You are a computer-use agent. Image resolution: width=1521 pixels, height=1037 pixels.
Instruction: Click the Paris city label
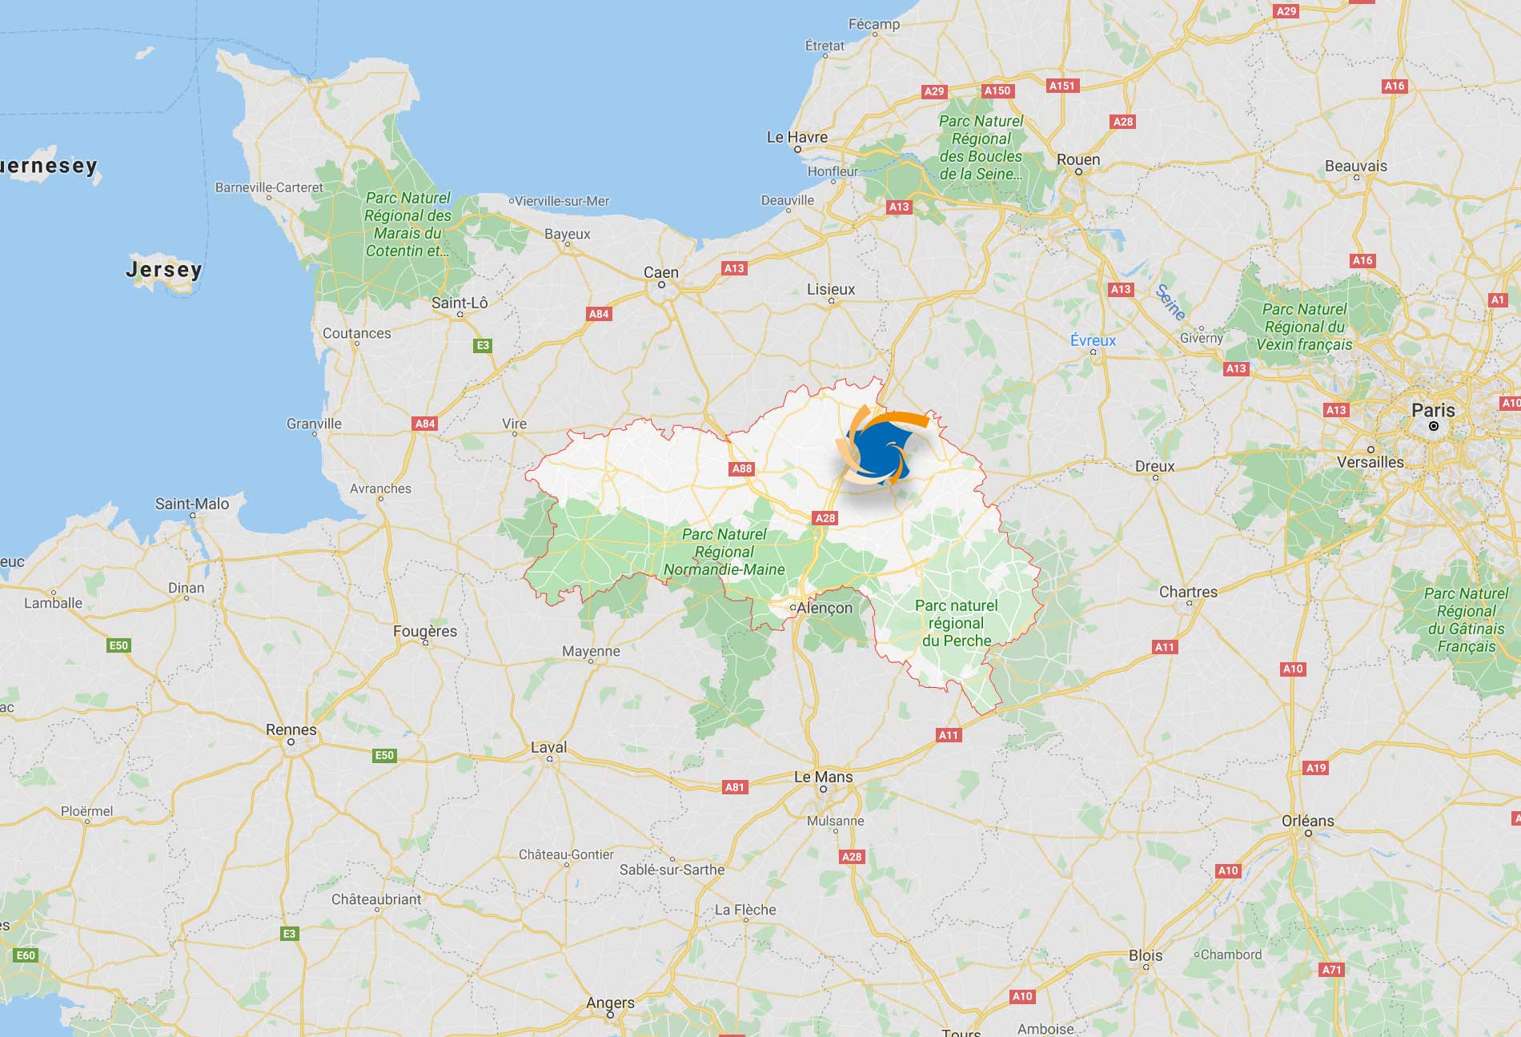[1433, 410]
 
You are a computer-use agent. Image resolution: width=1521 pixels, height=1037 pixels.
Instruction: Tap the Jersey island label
[163, 269]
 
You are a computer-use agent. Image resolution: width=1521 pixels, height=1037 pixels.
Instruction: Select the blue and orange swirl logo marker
[877, 450]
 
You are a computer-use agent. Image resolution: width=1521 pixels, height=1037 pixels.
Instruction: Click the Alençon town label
[825, 608]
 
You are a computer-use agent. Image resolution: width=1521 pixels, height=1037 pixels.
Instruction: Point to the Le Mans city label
[823, 777]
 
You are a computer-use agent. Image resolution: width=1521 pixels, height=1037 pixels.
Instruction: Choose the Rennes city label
[291, 730]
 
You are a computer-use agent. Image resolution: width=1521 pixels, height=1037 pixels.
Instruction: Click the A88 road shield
[742, 469]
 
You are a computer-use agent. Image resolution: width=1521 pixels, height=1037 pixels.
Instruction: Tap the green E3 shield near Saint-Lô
[482, 346]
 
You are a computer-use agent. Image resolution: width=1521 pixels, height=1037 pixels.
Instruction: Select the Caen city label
[660, 272]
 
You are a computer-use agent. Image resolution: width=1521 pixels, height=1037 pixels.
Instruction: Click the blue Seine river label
[1170, 302]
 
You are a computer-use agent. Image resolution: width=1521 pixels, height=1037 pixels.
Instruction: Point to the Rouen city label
[1078, 159]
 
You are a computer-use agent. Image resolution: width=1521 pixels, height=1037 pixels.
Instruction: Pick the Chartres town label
[1188, 592]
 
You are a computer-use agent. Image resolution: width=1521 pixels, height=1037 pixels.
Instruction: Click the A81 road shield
[734, 787]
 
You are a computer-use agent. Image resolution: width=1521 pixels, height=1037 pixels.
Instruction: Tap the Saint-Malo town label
[192, 504]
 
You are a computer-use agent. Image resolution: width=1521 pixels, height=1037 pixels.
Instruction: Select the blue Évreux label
[1093, 340]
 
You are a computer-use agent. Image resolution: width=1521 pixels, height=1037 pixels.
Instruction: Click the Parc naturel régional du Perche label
[957, 623]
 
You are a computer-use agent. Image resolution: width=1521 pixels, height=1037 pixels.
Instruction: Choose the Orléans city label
[1307, 821]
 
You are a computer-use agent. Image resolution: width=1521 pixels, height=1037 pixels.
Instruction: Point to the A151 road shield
[1062, 86]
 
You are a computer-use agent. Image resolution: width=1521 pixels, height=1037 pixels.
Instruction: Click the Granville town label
[314, 424]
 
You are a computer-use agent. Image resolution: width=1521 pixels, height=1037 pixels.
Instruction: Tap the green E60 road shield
[26, 955]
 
